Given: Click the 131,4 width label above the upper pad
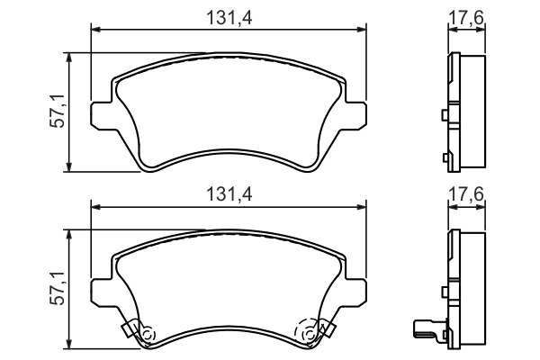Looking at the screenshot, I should (x=230, y=15).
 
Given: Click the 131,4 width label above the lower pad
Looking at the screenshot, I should (x=230, y=193).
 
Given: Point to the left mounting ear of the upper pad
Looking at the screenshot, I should (x=102, y=112).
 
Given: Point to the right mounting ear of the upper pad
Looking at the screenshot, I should (x=358, y=112).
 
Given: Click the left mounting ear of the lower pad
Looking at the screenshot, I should (x=102, y=290).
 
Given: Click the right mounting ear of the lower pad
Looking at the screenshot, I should (x=358, y=290).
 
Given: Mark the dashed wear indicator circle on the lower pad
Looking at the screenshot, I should (x=311, y=334).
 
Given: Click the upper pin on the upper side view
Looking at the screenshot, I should (x=444, y=115).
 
